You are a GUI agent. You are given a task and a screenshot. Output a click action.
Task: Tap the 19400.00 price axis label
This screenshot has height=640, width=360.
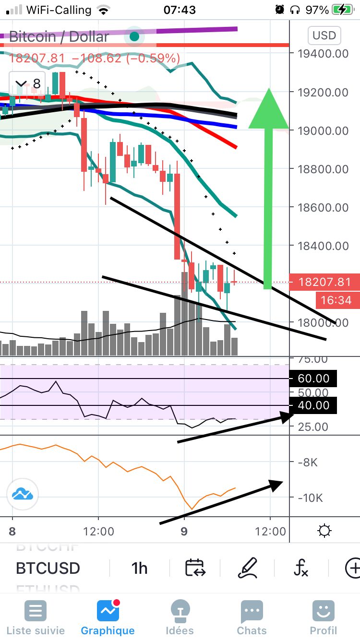click(x=323, y=53)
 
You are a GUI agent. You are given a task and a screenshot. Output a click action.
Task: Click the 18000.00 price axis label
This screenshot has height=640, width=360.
click(x=323, y=322)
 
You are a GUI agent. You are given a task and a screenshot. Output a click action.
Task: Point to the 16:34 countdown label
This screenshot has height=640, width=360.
click(x=336, y=300)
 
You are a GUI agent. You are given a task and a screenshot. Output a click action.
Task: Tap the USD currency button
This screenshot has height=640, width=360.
click(x=324, y=36)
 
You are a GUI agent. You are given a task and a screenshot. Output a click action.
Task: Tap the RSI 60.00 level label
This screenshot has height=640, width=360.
click(x=313, y=379)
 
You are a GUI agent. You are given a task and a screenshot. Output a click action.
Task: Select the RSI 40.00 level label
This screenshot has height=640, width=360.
click(x=313, y=405)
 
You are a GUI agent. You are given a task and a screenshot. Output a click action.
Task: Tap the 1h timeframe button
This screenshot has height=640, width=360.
click(x=139, y=568)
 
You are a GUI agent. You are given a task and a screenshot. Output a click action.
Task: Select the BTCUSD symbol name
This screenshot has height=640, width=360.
click(x=48, y=568)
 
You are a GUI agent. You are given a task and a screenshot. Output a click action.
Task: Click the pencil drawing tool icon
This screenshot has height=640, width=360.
click(x=248, y=568)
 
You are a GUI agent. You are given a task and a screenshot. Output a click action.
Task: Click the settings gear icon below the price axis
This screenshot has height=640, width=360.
click(x=324, y=531)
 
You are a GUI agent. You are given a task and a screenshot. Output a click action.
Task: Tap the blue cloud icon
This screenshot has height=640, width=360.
click(x=23, y=494)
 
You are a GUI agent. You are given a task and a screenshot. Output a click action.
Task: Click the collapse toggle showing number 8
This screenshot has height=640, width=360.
click(x=28, y=84)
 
